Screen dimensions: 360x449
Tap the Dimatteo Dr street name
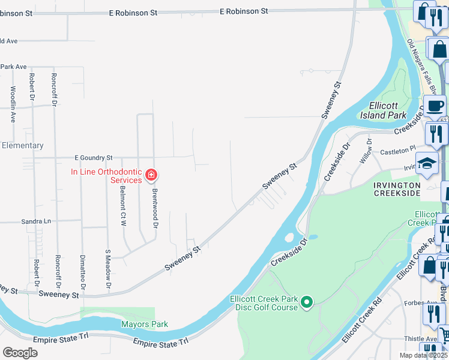[83, 272]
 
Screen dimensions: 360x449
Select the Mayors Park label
[144, 325]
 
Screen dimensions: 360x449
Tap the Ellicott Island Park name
[384, 110]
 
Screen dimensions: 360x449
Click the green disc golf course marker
[307, 301]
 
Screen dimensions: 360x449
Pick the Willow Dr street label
[366, 151]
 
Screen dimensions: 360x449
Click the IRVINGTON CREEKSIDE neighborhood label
[397, 189]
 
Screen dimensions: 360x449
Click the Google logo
[20, 352]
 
